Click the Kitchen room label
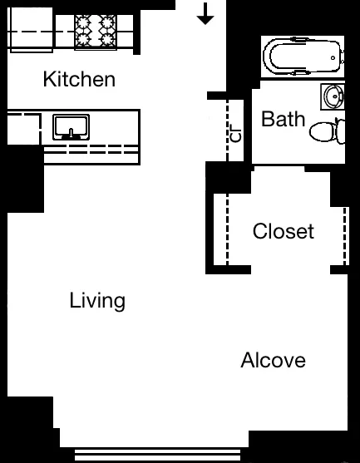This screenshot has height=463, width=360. (x=79, y=80)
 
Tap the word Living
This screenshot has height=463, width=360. (x=97, y=300)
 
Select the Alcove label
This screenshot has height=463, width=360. (x=273, y=361)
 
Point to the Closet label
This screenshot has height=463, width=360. (x=284, y=230)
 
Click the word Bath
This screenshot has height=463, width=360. (x=283, y=119)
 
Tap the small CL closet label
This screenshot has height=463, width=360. (x=235, y=133)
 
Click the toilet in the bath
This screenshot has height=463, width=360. (x=324, y=131)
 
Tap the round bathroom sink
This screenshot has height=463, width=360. (x=333, y=96)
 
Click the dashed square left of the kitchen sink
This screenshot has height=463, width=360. (x=22, y=132)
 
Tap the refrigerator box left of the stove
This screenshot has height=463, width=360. (x=31, y=32)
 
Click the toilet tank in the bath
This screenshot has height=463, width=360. (x=341, y=131)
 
